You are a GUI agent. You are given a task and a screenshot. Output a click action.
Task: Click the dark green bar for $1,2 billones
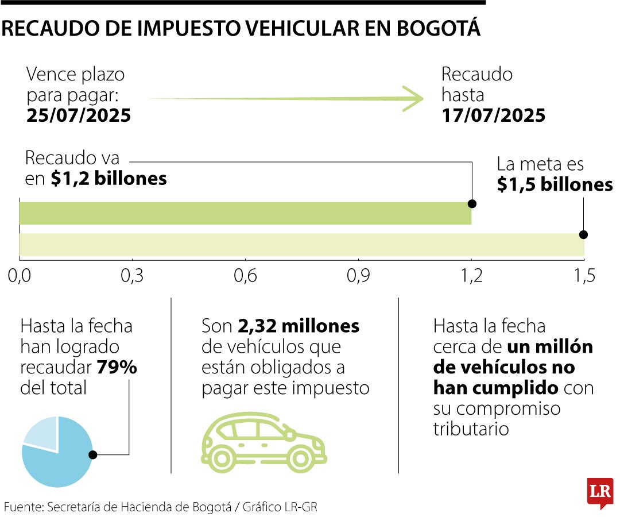pyautogui.click(x=245, y=213)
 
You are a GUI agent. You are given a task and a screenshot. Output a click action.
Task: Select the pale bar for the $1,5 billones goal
pyautogui.click(x=301, y=245)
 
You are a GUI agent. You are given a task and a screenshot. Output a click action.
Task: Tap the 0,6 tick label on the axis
pyautogui.click(x=245, y=276)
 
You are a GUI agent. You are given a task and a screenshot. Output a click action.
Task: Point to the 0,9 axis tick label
pyautogui.click(x=358, y=276)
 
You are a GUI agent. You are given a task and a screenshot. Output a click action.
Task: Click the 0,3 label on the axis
pyautogui.click(x=132, y=276)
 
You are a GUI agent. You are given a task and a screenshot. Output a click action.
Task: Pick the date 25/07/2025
pyautogui.click(x=79, y=115)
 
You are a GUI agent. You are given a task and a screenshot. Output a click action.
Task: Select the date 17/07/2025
pyautogui.click(x=493, y=115)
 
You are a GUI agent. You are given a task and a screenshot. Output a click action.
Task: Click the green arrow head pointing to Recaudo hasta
pyautogui.click(x=413, y=99)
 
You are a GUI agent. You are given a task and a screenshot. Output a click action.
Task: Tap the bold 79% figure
pyautogui.click(x=117, y=368)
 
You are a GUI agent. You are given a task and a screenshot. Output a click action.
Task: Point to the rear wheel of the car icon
pyautogui.click(x=222, y=457)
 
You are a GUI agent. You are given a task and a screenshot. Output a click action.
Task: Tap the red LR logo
pyautogui.click(x=600, y=492)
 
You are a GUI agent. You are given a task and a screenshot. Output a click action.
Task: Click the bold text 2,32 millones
pyautogui.click(x=299, y=326)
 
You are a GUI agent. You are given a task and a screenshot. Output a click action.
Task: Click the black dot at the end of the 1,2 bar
pyautogui.click(x=472, y=203)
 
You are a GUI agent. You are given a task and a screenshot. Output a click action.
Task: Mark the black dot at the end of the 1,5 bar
pyautogui.click(x=583, y=234)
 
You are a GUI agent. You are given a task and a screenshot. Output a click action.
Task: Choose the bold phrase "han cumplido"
pyautogui.click(x=495, y=388)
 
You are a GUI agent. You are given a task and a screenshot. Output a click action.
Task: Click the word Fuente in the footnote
pyautogui.click(x=22, y=507)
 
